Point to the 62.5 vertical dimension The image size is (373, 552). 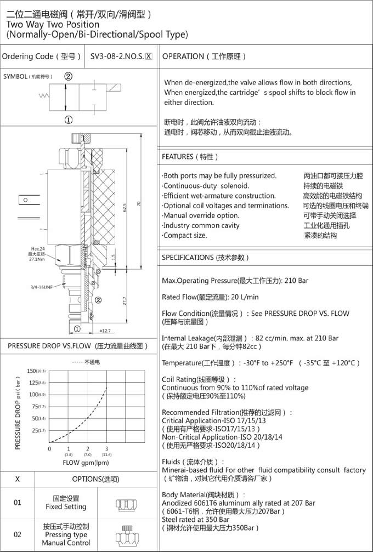coord(125,209)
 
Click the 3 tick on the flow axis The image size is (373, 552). coord(106,449)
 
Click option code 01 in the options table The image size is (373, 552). coord(18,502)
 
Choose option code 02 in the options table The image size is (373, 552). coord(18,534)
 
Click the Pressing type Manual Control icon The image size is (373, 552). coord(126,534)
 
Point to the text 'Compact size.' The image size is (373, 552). coord(185,235)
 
